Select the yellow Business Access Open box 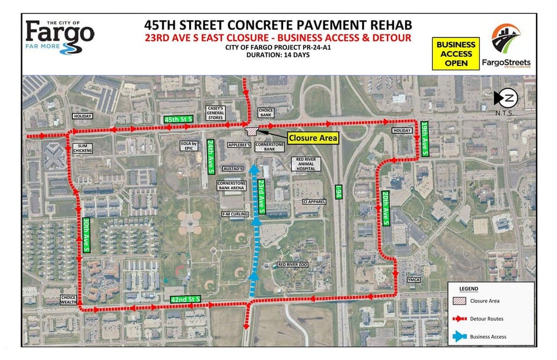tap(455, 54)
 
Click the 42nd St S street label tap(185, 298)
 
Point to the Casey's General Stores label tap(215, 113)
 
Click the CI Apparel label tap(313, 202)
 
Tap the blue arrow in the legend tap(460, 336)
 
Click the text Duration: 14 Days tap(278, 56)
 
